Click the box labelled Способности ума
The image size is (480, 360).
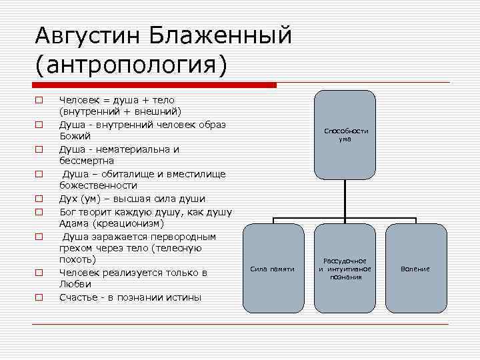[345, 135]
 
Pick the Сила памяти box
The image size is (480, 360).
[272, 268]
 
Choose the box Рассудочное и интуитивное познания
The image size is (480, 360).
[345, 268]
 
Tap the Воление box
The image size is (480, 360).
[415, 268]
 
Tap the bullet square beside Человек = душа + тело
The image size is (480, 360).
[39, 100]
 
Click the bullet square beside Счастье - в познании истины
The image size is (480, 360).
[39, 297]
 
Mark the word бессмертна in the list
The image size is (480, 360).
[87, 161]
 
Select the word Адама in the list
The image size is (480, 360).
[74, 223]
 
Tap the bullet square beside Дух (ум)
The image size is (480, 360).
[39, 199]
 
